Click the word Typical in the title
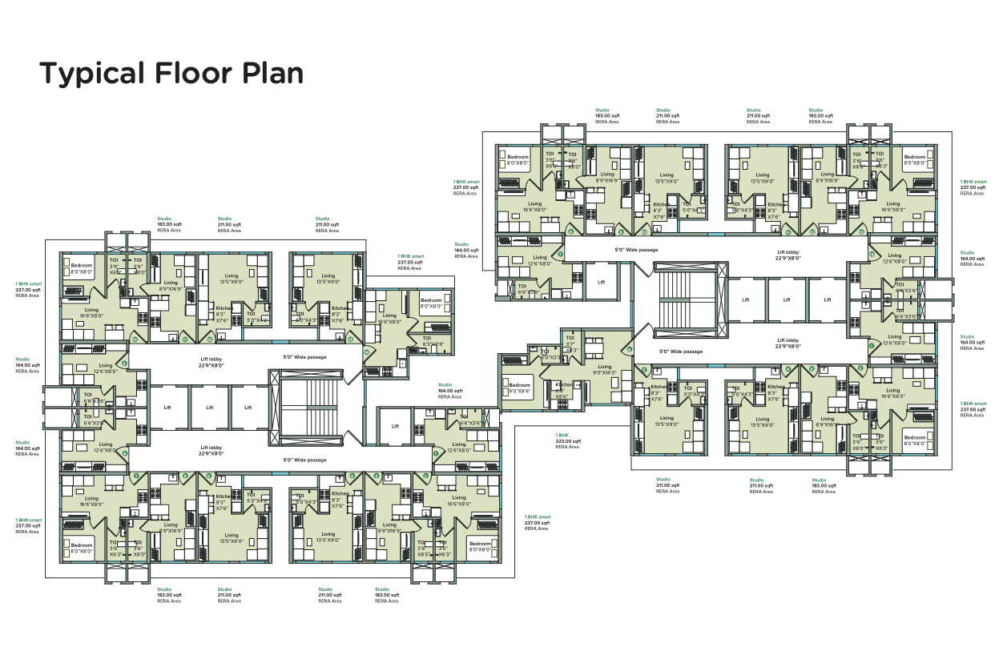coord(89,74)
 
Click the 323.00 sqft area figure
coord(566,441)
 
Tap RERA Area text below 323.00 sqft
coord(566,447)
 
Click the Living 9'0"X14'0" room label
coord(605,370)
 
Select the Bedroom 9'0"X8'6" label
coord(519,388)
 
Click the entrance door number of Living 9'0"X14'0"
coord(630,349)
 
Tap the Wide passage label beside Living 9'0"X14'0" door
coord(680,352)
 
